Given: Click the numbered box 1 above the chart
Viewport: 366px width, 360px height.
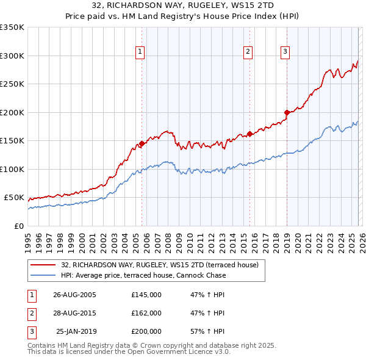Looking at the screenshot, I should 140,52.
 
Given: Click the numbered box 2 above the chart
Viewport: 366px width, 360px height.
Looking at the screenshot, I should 248,52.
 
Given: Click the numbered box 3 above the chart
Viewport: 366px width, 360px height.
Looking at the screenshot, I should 285,52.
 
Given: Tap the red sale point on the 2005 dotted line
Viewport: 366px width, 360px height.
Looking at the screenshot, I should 142,144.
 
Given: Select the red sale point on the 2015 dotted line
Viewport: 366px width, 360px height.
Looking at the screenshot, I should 250,134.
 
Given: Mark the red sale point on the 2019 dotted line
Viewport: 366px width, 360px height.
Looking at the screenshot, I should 287,112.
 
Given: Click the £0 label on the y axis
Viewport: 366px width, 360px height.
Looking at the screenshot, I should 18,226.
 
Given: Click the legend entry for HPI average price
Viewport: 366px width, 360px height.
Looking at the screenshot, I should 143,275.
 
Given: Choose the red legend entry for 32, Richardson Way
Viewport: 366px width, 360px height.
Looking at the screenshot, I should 160,265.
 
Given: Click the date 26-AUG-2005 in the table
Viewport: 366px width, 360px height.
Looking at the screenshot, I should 74,295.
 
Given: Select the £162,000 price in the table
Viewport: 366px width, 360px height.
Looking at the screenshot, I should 146,313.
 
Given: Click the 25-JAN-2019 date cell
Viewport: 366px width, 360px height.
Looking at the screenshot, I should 76,331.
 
